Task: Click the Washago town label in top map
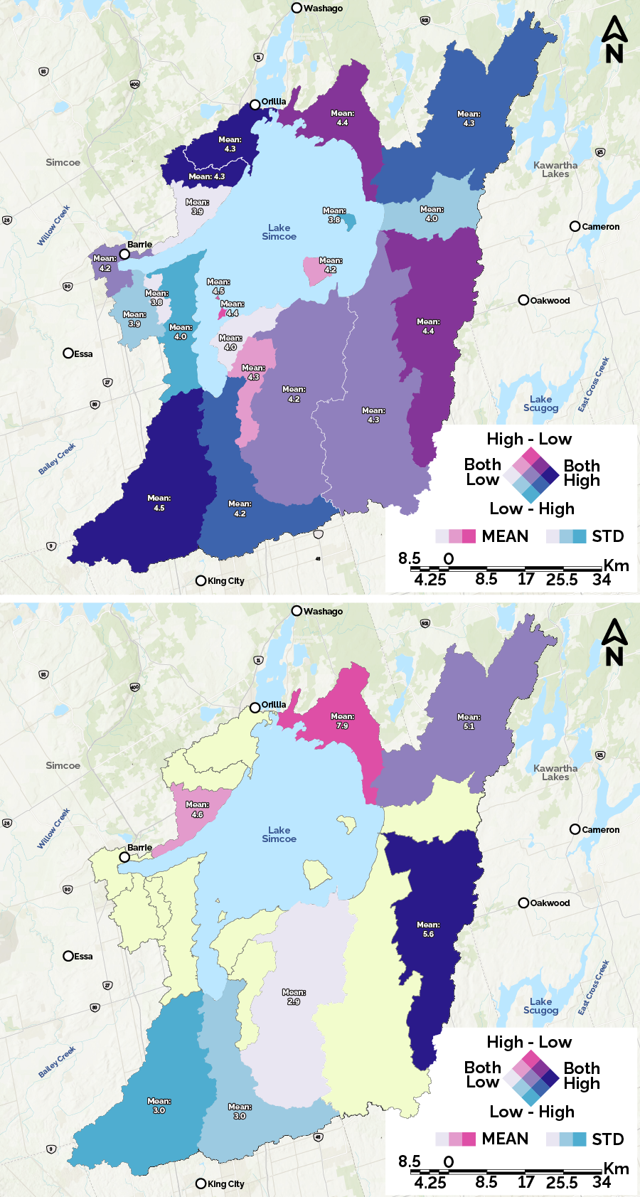pyautogui.click(x=322, y=9)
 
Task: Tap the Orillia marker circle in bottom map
pyautogui.click(x=255, y=708)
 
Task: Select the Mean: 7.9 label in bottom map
pyautogui.click(x=342, y=721)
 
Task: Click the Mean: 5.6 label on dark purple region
pyautogui.click(x=428, y=930)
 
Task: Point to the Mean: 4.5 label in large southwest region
pyautogui.click(x=159, y=503)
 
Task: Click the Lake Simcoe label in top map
pyautogui.click(x=279, y=232)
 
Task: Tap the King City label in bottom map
pyautogui.click(x=225, y=1184)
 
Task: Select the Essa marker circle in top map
pyautogui.click(x=68, y=353)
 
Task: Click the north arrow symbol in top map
pyautogui.click(x=614, y=40)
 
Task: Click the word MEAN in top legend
pyautogui.click(x=505, y=536)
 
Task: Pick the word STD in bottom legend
pyautogui.click(x=607, y=1139)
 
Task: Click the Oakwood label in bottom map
pyautogui.click(x=549, y=903)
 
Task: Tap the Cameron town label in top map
pyautogui.click(x=600, y=227)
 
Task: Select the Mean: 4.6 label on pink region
pyautogui.click(x=197, y=809)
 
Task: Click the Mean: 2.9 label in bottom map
pyautogui.click(x=294, y=996)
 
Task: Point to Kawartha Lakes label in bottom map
pyautogui.click(x=555, y=772)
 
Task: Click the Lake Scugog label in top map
pyautogui.click(x=540, y=403)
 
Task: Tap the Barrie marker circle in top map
pyautogui.click(x=124, y=254)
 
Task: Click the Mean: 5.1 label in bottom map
pyautogui.click(x=469, y=721)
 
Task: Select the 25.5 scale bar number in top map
pyautogui.click(x=562, y=580)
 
